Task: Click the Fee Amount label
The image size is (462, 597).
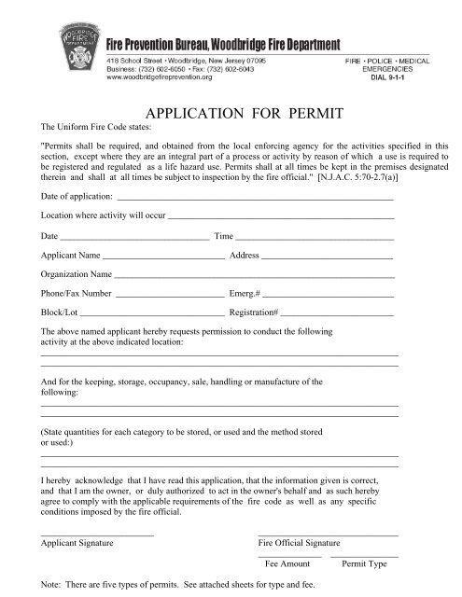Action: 287,564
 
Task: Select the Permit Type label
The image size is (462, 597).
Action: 365,564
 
